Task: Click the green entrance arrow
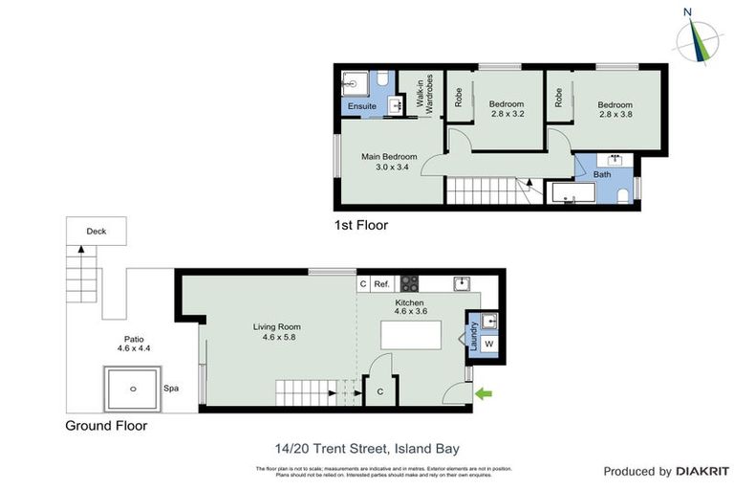point(486,391)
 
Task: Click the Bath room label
point(602,174)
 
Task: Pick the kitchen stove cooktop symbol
point(409,283)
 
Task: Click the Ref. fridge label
point(381,284)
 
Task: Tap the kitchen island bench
point(411,336)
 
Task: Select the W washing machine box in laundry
point(488,344)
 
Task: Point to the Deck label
point(97,232)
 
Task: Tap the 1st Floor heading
point(360,226)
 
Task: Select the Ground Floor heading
point(106,426)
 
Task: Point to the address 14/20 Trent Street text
point(367,448)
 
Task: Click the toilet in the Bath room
point(622,196)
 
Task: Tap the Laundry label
point(472,337)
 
